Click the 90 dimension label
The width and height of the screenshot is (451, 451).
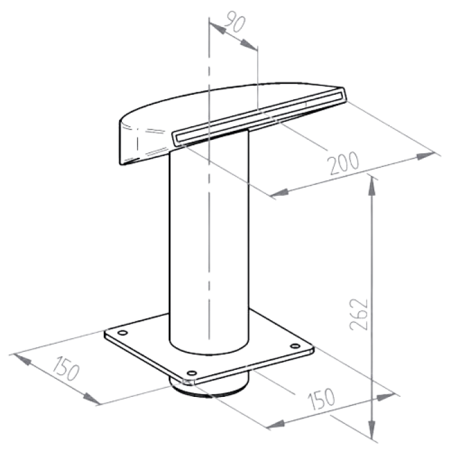tap(235, 21)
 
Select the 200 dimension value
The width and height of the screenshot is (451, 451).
tap(344, 163)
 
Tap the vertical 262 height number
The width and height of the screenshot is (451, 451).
tap(358, 314)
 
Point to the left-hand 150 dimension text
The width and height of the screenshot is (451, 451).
tap(66, 369)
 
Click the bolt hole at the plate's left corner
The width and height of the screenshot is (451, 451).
tap(122, 333)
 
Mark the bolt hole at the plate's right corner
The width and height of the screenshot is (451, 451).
tap(295, 346)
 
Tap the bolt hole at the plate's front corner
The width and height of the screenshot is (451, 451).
tap(191, 373)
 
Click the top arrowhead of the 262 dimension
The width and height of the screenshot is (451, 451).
tap(372, 186)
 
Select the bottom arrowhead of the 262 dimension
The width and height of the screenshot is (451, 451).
tap(372, 429)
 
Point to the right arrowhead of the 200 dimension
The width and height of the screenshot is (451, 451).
tap(425, 156)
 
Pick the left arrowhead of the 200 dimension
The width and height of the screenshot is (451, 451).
tap(280, 193)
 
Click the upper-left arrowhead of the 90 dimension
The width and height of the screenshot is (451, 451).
tap(217, 28)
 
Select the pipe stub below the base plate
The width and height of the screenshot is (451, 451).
tap(209, 387)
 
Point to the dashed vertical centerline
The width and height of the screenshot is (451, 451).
tap(209, 178)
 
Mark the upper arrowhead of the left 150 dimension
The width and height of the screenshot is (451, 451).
tap(22, 360)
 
